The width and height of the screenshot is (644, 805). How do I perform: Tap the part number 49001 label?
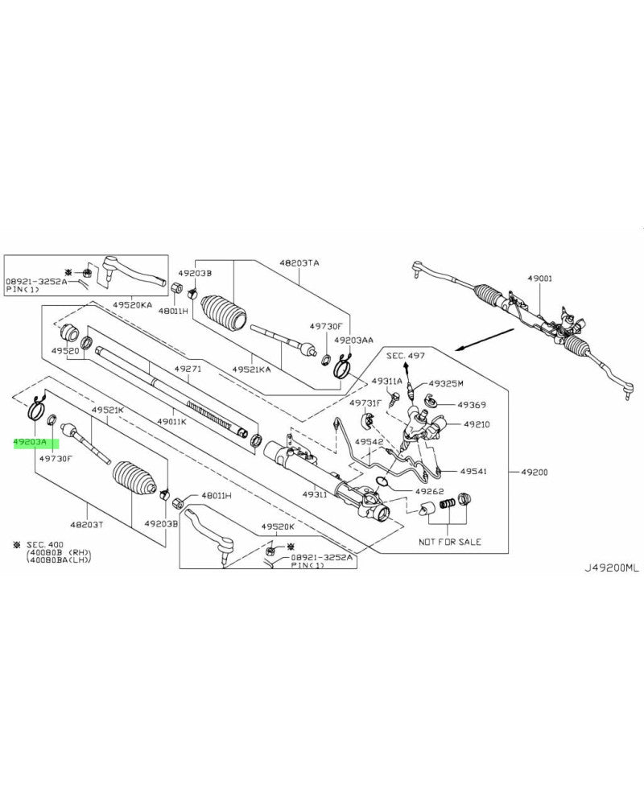(x=540, y=278)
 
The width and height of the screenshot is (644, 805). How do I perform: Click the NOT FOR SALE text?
(x=450, y=542)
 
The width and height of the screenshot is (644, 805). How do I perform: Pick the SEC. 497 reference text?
(x=405, y=355)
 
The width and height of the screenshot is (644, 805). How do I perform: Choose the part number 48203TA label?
(x=299, y=262)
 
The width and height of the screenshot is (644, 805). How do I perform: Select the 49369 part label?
(x=472, y=404)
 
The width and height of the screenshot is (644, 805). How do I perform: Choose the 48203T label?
(x=88, y=523)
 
